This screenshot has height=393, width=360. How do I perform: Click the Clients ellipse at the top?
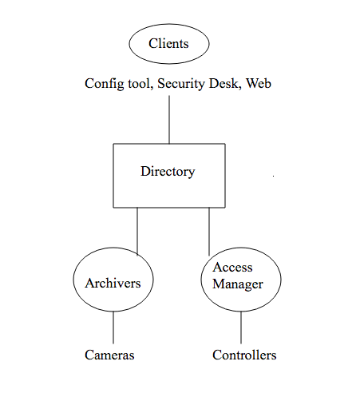pos(168,44)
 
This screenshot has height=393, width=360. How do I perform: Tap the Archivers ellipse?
pos(113,283)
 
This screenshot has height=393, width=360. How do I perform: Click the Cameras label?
pos(109,355)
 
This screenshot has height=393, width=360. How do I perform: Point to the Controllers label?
pos(244,355)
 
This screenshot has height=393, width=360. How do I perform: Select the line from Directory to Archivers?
pos(137,231)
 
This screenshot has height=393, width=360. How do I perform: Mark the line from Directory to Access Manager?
pos(209,231)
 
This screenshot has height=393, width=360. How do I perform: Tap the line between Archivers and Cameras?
pos(113,327)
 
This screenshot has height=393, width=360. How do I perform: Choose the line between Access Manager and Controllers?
pos(241,327)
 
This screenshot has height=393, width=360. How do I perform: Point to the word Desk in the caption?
pos(224,83)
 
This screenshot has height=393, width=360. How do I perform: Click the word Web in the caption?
pos(259,83)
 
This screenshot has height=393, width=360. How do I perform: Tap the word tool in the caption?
pos(136,83)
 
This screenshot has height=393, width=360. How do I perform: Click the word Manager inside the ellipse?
pos(238,284)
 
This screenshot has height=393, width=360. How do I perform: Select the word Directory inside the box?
pos(168,172)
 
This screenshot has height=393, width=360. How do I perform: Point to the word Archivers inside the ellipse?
pos(113,283)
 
